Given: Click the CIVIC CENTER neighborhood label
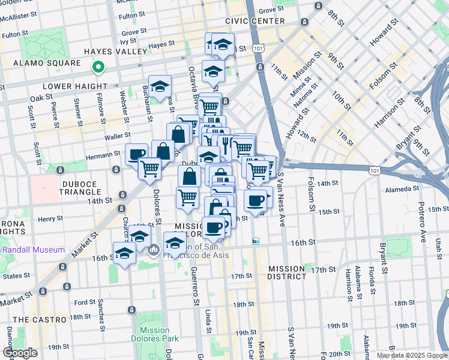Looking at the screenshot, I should pos(255,21).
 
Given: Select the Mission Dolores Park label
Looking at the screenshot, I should pos(154,335).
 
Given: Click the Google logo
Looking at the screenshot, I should pos(20,353).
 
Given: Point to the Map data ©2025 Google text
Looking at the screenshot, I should pos(412,355).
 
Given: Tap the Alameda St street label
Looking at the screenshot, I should pos(402,188).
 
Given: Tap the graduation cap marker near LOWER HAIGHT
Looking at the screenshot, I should pos(160,86).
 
